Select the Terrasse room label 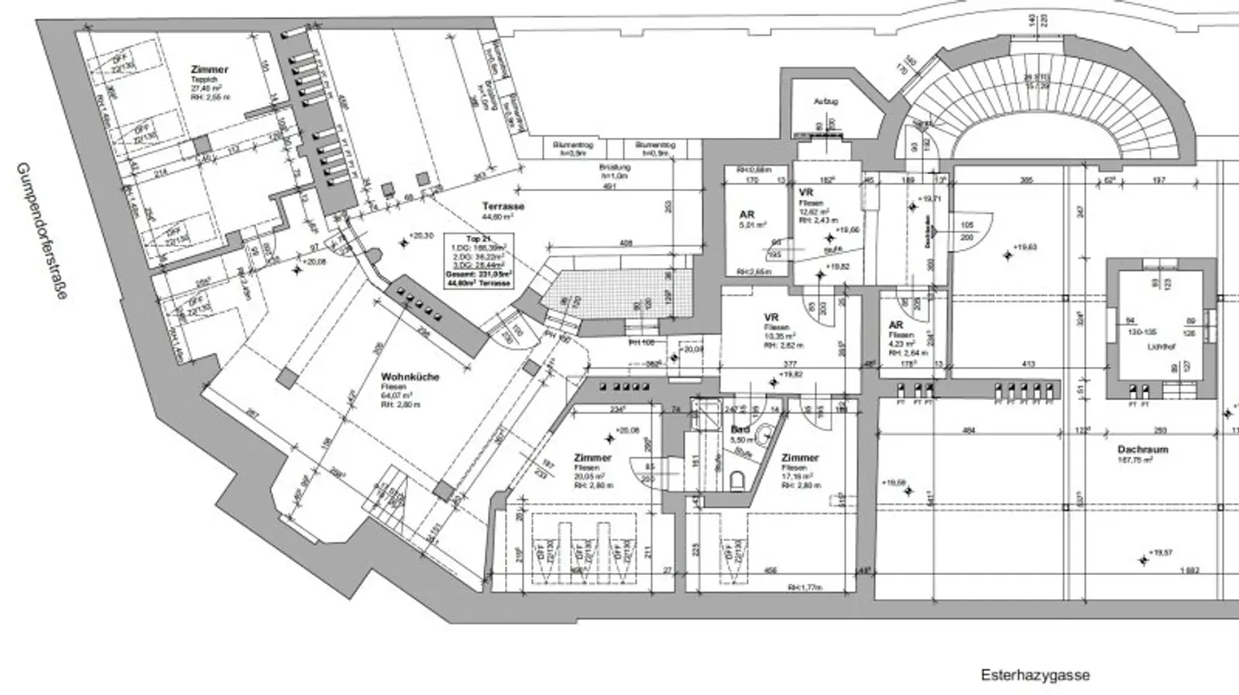(503, 206)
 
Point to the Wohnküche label (410, 377)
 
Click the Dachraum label (1142, 450)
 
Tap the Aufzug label (825, 102)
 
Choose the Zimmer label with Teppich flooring (210, 70)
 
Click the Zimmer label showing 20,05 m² (592, 458)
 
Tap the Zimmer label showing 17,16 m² (799, 458)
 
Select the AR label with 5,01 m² (747, 215)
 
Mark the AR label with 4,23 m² (895, 325)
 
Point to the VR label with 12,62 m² (805, 194)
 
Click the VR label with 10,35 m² (770, 318)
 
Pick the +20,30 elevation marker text (421, 235)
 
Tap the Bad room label (740, 431)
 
